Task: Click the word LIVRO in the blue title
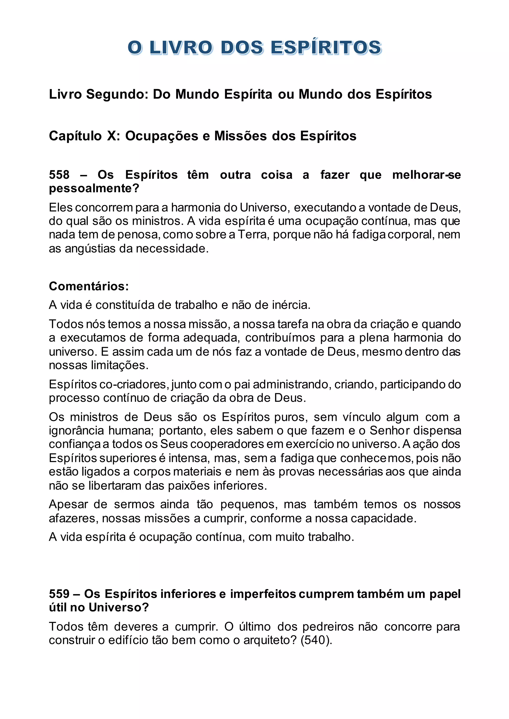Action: [181, 48]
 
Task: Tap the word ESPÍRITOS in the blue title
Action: [326, 48]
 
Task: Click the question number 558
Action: [59, 175]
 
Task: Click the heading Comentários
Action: [89, 286]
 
